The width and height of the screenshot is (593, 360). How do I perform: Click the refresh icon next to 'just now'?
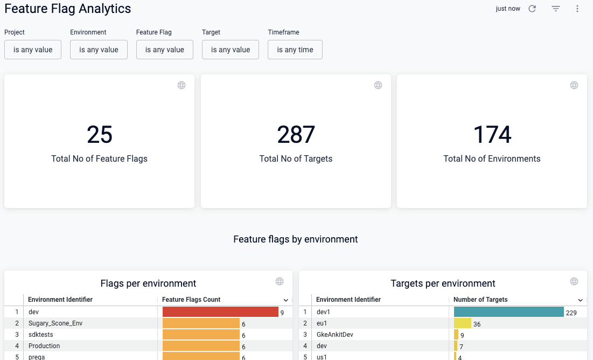pyautogui.click(x=532, y=9)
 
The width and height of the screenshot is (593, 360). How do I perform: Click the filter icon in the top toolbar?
pyautogui.click(x=556, y=9)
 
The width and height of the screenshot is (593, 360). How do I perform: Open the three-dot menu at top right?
pyautogui.click(x=577, y=9)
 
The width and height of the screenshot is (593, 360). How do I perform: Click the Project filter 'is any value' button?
pyautogui.click(x=33, y=50)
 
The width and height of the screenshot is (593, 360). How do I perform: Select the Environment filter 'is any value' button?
pyautogui.click(x=99, y=50)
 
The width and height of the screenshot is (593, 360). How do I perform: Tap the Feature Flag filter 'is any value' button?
pyautogui.click(x=165, y=50)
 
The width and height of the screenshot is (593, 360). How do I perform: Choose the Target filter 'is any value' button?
pyautogui.click(x=231, y=50)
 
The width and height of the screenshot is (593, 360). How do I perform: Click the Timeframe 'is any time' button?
pyautogui.click(x=295, y=50)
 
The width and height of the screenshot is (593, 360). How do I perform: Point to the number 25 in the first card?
pyautogui.click(x=100, y=135)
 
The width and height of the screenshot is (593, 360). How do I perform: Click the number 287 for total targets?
pyautogui.click(x=296, y=135)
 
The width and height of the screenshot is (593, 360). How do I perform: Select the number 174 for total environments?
pyautogui.click(x=492, y=135)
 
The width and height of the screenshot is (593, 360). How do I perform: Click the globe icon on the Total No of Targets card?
pyautogui.click(x=378, y=85)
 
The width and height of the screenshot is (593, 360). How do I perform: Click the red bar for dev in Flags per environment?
pyautogui.click(x=220, y=312)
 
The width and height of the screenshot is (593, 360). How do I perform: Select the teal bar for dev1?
pyautogui.click(x=508, y=312)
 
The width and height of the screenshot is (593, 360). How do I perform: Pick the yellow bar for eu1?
pyautogui.click(x=463, y=323)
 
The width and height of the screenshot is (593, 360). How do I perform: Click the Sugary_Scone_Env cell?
pyautogui.click(x=55, y=323)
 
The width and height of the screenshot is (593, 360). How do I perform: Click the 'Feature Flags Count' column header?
pyautogui.click(x=191, y=300)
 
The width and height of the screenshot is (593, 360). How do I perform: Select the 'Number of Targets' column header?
pyautogui.click(x=480, y=300)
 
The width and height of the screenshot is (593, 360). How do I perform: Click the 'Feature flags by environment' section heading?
pyautogui.click(x=296, y=239)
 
